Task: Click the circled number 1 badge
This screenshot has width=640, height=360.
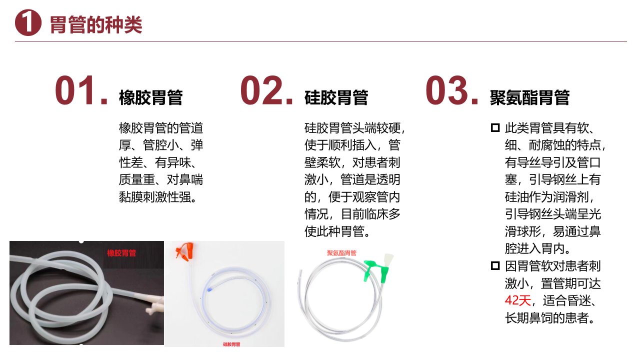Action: [28, 22]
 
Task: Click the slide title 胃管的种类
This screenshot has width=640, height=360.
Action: [96, 25]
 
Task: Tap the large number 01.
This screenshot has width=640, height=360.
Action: [81, 90]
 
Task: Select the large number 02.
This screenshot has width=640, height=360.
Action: [266, 90]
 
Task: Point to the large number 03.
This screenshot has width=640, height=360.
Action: [451, 90]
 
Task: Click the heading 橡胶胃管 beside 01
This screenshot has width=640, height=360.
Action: [151, 97]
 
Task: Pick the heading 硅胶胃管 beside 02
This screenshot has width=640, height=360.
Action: [336, 97]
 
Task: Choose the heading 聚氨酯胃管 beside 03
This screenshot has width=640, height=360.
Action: [529, 97]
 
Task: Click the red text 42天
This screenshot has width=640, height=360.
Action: [517, 300]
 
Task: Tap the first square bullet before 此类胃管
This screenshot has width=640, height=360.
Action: [495, 127]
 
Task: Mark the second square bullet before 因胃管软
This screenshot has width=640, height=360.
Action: [495, 265]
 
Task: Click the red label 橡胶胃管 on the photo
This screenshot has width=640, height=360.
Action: [121, 253]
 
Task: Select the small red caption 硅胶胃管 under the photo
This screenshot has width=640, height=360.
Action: [231, 344]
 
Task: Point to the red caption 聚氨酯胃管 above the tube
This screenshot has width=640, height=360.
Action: [341, 253]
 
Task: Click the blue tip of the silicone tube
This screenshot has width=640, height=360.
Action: [209, 289]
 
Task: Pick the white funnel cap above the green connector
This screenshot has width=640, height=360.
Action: [388, 260]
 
